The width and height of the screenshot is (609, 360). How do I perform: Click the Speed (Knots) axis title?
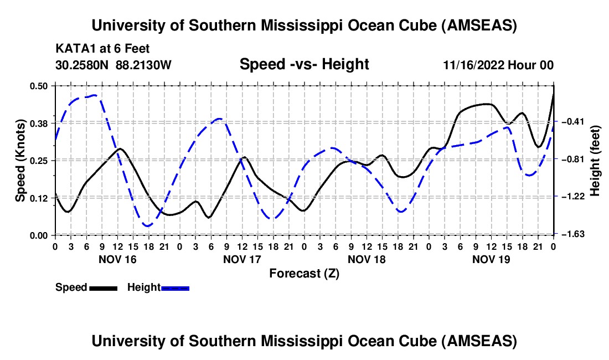click(20, 160)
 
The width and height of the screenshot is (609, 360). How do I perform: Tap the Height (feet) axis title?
click(596, 161)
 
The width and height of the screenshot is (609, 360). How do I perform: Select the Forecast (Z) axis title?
click(304, 273)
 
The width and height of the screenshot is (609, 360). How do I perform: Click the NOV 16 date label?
click(117, 259)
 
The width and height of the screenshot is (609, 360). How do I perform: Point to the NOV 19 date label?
click(491, 259)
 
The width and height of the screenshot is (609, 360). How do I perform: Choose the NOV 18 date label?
click(367, 259)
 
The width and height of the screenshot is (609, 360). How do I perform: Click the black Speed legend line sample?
click(102, 287)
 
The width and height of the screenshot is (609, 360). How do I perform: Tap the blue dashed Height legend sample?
click(175, 287)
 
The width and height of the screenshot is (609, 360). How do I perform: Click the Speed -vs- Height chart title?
click(304, 64)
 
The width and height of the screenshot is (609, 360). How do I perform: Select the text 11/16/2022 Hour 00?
click(498, 65)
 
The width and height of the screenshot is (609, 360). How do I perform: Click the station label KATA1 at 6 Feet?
click(102, 49)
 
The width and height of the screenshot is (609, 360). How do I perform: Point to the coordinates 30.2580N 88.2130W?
click(113, 65)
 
